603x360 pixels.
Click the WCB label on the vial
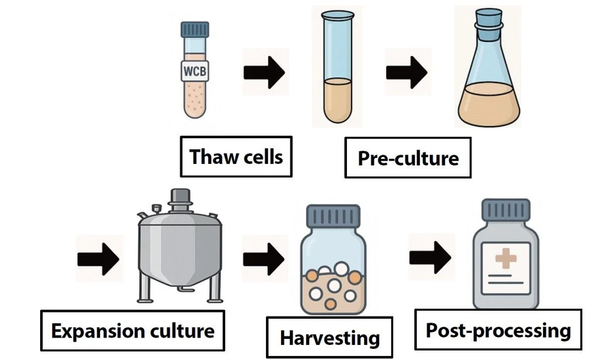click(x=194, y=70)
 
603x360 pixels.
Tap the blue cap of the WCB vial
click(x=194, y=30)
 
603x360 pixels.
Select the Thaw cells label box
click(x=236, y=157)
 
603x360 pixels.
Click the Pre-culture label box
click(x=408, y=158)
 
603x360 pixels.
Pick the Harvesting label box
click(x=330, y=338)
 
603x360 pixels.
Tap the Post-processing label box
click(x=498, y=330)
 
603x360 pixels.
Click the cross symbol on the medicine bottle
click(x=506, y=259)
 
